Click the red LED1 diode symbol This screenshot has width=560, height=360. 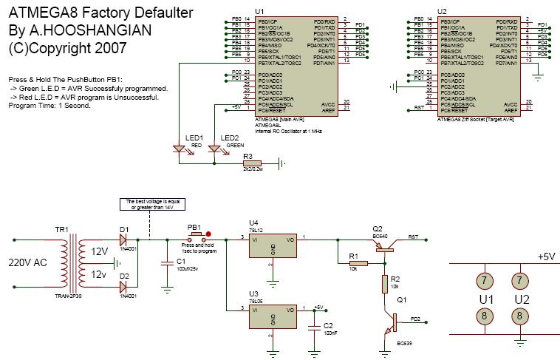pos(177,149)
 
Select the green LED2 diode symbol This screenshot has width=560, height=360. pos(214,149)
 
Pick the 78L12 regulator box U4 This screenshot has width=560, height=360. pos(273,248)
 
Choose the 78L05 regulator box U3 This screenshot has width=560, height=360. pos(273,317)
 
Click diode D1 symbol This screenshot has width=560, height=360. pos(124,240)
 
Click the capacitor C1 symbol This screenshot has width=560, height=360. pos(164,261)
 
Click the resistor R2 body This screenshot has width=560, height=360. pos(384,283)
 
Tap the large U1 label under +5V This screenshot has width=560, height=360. pos(485,299)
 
